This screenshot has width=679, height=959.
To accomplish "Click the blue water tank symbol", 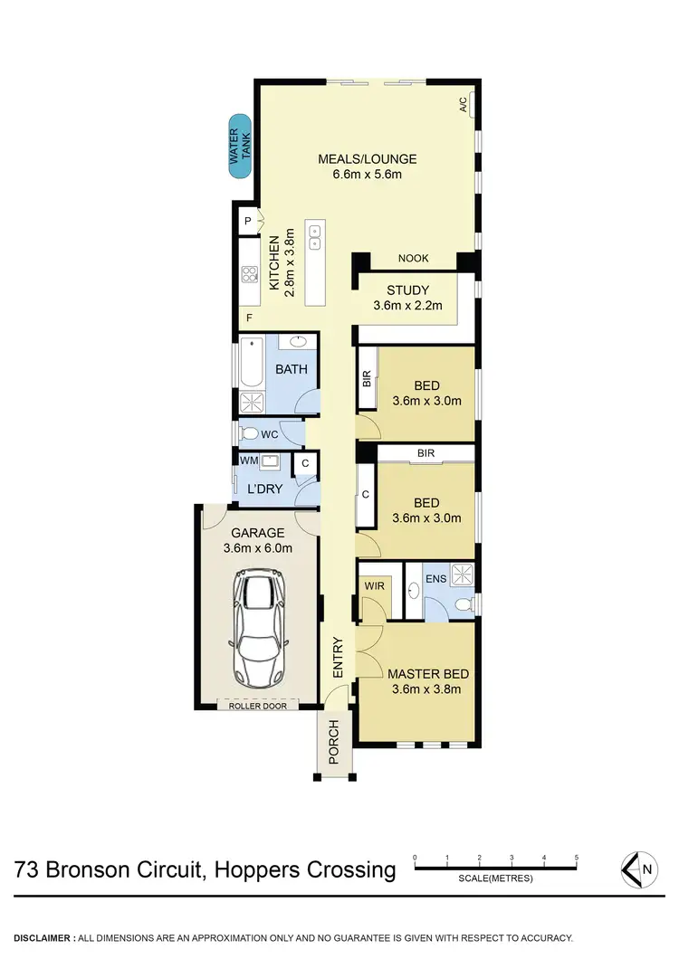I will click(240, 146).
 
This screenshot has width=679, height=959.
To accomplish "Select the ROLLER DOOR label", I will click(258, 705).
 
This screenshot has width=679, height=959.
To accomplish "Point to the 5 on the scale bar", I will click(576, 856).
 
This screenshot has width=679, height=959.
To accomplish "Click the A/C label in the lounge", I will click(463, 105).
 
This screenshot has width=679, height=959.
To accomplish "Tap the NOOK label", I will click(413, 259).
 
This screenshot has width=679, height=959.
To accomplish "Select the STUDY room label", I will click(407, 290).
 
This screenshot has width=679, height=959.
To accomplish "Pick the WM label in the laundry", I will click(248, 461).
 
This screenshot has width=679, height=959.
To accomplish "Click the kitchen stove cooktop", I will click(249, 275).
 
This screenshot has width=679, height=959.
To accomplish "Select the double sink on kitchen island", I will click(315, 237).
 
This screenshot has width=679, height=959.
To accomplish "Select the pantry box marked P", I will click(247, 222).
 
